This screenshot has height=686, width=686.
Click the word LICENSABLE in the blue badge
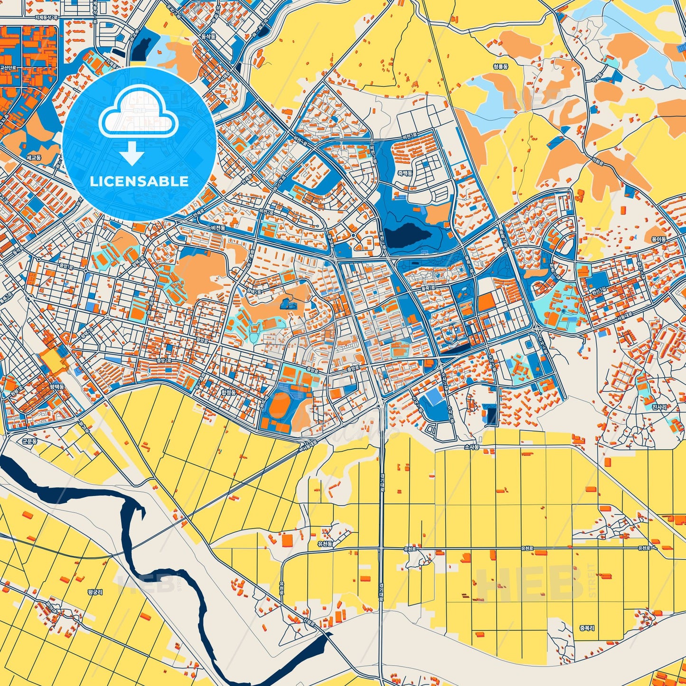coord(139,181)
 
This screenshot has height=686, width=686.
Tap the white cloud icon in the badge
coord(138,114)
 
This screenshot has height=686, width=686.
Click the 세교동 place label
coord(34,157)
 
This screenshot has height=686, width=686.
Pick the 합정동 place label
coord(228,393)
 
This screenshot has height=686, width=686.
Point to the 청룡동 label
coord(500,67)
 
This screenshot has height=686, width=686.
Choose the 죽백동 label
coord(405,173)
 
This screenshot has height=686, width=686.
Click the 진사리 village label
coord(659,407)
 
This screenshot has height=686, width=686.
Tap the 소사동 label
coord(472,447)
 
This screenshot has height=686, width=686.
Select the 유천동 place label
coord(325,544)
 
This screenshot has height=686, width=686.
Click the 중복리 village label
coord(587,627)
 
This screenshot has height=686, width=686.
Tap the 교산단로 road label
coord(8,68)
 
